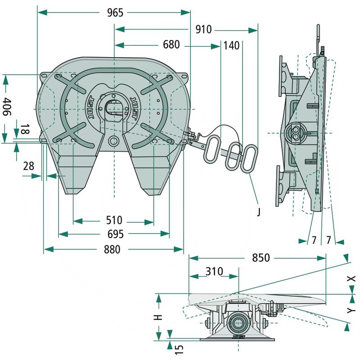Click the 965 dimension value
tap(115, 13)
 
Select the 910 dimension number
tap(203, 30)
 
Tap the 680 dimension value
tap(171, 45)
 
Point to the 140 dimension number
tap(231, 45)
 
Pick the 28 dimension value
tap(28, 166)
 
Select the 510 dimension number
tap(114, 221)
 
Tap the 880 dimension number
tap(112, 249)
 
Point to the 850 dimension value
tap(261, 258)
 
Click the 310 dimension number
tap(214, 271)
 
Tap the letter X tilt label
tap(352, 279)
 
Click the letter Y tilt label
tap(352, 310)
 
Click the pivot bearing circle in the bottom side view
tap(237, 322)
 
